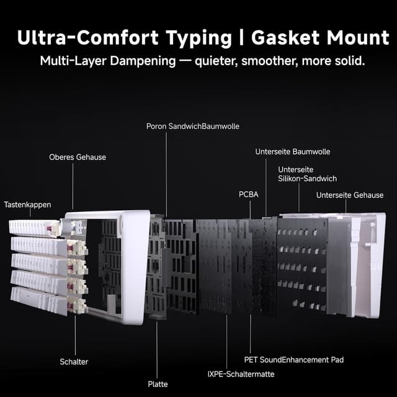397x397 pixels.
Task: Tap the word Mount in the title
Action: click(x=356, y=38)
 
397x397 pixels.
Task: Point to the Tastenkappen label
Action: click(x=27, y=204)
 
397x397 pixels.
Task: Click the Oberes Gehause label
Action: click(x=78, y=158)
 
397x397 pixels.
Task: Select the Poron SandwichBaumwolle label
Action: click(x=193, y=127)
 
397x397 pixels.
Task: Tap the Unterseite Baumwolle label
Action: click(x=293, y=151)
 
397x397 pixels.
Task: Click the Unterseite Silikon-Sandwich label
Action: click(x=308, y=174)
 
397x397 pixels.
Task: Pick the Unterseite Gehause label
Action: click(x=350, y=195)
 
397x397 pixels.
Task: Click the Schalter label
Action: click(x=74, y=362)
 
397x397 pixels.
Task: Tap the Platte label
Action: click(x=158, y=384)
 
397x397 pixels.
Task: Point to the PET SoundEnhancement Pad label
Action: click(x=294, y=360)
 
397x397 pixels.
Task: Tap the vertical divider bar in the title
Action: click(x=242, y=38)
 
